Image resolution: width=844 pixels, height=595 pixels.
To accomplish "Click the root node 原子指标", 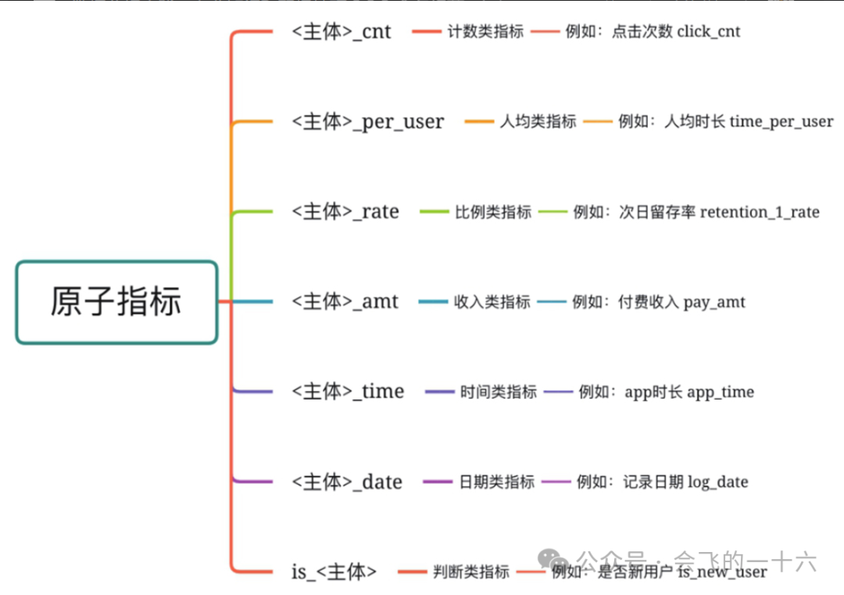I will coord(116,302).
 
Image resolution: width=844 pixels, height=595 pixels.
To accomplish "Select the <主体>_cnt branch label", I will coord(342,32).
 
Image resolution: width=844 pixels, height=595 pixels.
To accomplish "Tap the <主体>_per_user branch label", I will coord(367,122).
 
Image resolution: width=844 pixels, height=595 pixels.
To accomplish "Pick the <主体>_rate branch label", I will coord(345,212).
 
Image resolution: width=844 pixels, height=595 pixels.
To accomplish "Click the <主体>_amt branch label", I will coord(345,302).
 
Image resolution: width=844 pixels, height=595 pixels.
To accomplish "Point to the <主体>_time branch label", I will coord(348,392).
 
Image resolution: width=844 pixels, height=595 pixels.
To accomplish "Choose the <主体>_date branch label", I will coord(347,482).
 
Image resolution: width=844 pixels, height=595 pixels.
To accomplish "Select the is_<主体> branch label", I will coord(334,572).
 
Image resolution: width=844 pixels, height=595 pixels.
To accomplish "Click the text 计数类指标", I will coord(485,32).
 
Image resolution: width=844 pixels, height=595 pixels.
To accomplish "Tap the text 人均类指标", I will coord(538,122).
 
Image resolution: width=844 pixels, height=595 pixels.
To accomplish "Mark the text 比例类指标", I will coord(493,212).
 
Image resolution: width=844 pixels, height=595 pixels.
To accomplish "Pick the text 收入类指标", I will coord(492,302).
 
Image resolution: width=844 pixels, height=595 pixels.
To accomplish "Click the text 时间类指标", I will coord(499,392).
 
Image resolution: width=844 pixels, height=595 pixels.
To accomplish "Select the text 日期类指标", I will coord(496,482).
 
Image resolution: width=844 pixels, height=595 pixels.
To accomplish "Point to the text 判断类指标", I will coord(470,572).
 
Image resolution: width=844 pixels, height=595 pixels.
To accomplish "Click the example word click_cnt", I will coord(709,32).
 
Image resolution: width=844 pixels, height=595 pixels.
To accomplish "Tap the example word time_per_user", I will coord(781,122).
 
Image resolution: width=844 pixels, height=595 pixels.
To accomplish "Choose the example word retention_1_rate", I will coord(760,212).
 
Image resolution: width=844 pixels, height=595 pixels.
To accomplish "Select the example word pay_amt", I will coord(714,302).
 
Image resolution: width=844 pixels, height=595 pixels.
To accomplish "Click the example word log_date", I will coord(717,482).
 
